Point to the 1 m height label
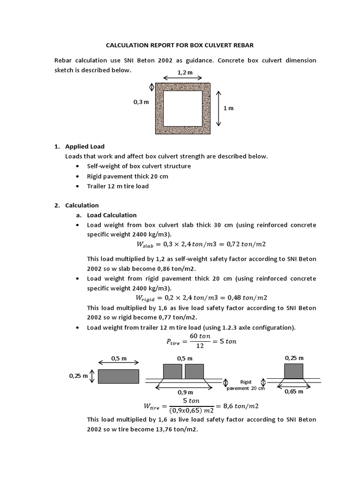[x=228, y=108]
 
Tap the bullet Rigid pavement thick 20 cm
[x=127, y=176]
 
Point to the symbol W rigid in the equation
[x=146, y=298]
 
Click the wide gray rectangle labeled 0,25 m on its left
[x=118, y=376]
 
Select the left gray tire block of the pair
[x=172, y=371]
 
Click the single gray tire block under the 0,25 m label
[x=294, y=371]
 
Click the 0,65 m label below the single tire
[x=294, y=392]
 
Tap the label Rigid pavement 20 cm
[x=246, y=385]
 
